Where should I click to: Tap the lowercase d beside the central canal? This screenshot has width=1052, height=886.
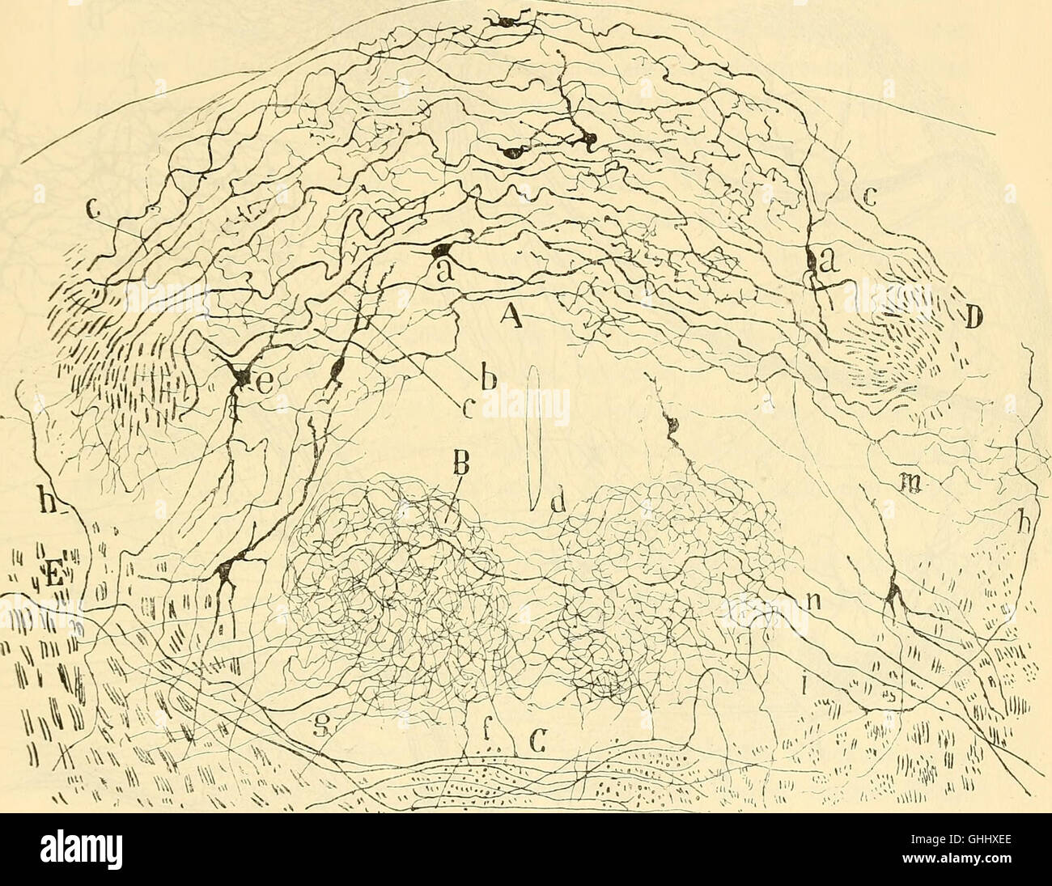point(558,511)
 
